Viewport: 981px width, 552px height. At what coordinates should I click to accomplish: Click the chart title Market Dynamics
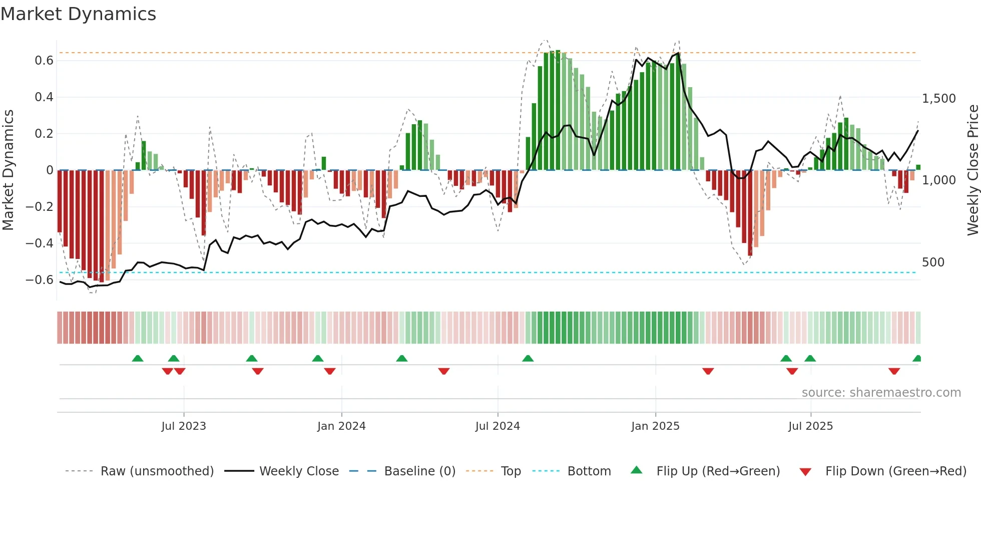click(x=78, y=14)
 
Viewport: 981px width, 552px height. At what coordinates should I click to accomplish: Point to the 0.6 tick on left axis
click(x=44, y=61)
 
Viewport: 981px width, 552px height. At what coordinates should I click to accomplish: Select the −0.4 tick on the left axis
click(x=40, y=243)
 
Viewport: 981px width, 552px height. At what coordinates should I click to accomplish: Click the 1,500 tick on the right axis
click(x=938, y=99)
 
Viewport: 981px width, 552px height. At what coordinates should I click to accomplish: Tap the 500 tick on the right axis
click(x=933, y=262)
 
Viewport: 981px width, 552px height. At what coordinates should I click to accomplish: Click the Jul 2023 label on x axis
click(x=184, y=426)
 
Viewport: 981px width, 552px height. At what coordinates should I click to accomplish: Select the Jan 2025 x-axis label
click(x=655, y=426)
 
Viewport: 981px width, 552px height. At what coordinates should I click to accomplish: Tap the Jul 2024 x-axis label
click(x=498, y=426)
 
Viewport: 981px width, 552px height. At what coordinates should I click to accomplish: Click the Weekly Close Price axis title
click(x=972, y=170)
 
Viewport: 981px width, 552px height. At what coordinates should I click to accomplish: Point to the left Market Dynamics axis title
click(x=8, y=170)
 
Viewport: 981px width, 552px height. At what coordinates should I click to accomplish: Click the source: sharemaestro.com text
click(x=881, y=393)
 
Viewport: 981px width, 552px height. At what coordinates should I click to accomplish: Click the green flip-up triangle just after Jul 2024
click(x=528, y=358)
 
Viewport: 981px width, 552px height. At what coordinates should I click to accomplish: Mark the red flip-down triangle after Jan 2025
click(x=708, y=371)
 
